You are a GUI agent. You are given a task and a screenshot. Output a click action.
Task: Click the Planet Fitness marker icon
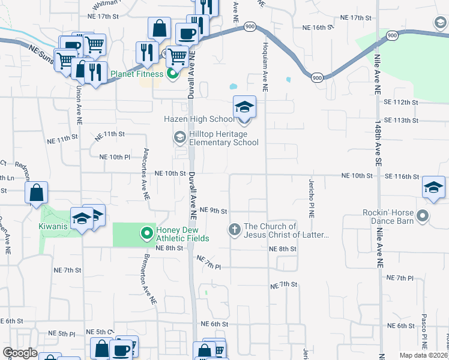pos(172,74)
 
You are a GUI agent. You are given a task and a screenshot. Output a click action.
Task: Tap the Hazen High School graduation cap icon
pos(244,107)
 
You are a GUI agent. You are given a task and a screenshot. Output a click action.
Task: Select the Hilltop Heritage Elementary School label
pos(224,138)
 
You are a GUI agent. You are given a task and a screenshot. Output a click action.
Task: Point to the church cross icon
pos(234,229)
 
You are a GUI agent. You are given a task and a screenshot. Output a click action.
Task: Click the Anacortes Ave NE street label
pos(146,173)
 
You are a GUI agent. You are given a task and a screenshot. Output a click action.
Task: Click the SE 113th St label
pos(400,121)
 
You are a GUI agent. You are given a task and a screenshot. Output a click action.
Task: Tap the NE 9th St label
pos(214,211)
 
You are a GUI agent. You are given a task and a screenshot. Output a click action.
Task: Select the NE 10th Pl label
pos(114,157)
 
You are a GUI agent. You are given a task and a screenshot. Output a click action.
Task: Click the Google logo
pos(19,353)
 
